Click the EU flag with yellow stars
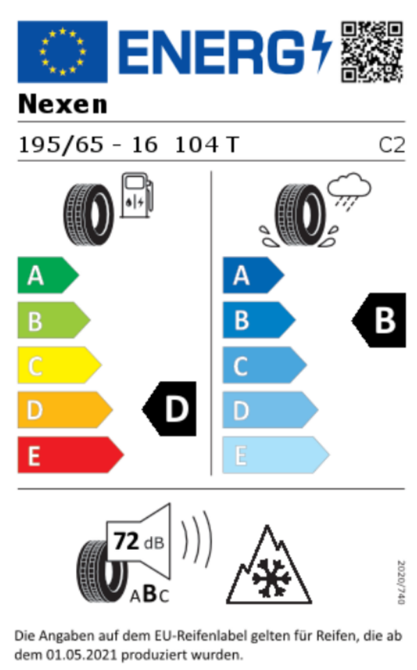click(62, 51)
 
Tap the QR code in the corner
click(372, 52)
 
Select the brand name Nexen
click(62, 104)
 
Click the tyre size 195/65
click(61, 145)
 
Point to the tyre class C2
click(392, 145)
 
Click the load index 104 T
click(207, 145)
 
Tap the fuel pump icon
click(137, 195)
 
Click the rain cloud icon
click(349, 190)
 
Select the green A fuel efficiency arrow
click(48, 275)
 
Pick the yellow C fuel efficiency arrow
click(59, 365)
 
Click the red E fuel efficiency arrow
click(70, 454)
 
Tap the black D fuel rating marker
click(169, 409)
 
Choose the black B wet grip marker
click(379, 320)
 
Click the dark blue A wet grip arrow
click(253, 275)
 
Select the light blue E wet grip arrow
click(275, 454)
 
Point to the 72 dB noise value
click(139, 542)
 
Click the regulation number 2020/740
click(401, 582)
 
